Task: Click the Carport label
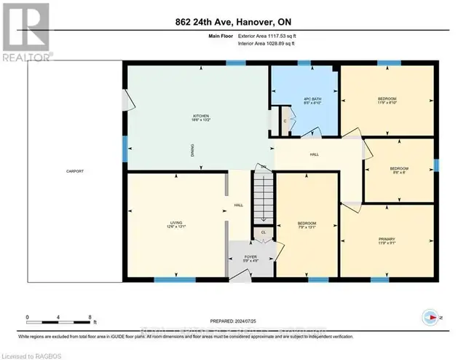click(x=74, y=171)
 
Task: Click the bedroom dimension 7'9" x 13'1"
click(x=307, y=227)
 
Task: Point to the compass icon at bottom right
click(x=432, y=317)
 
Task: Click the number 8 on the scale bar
click(x=90, y=318)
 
